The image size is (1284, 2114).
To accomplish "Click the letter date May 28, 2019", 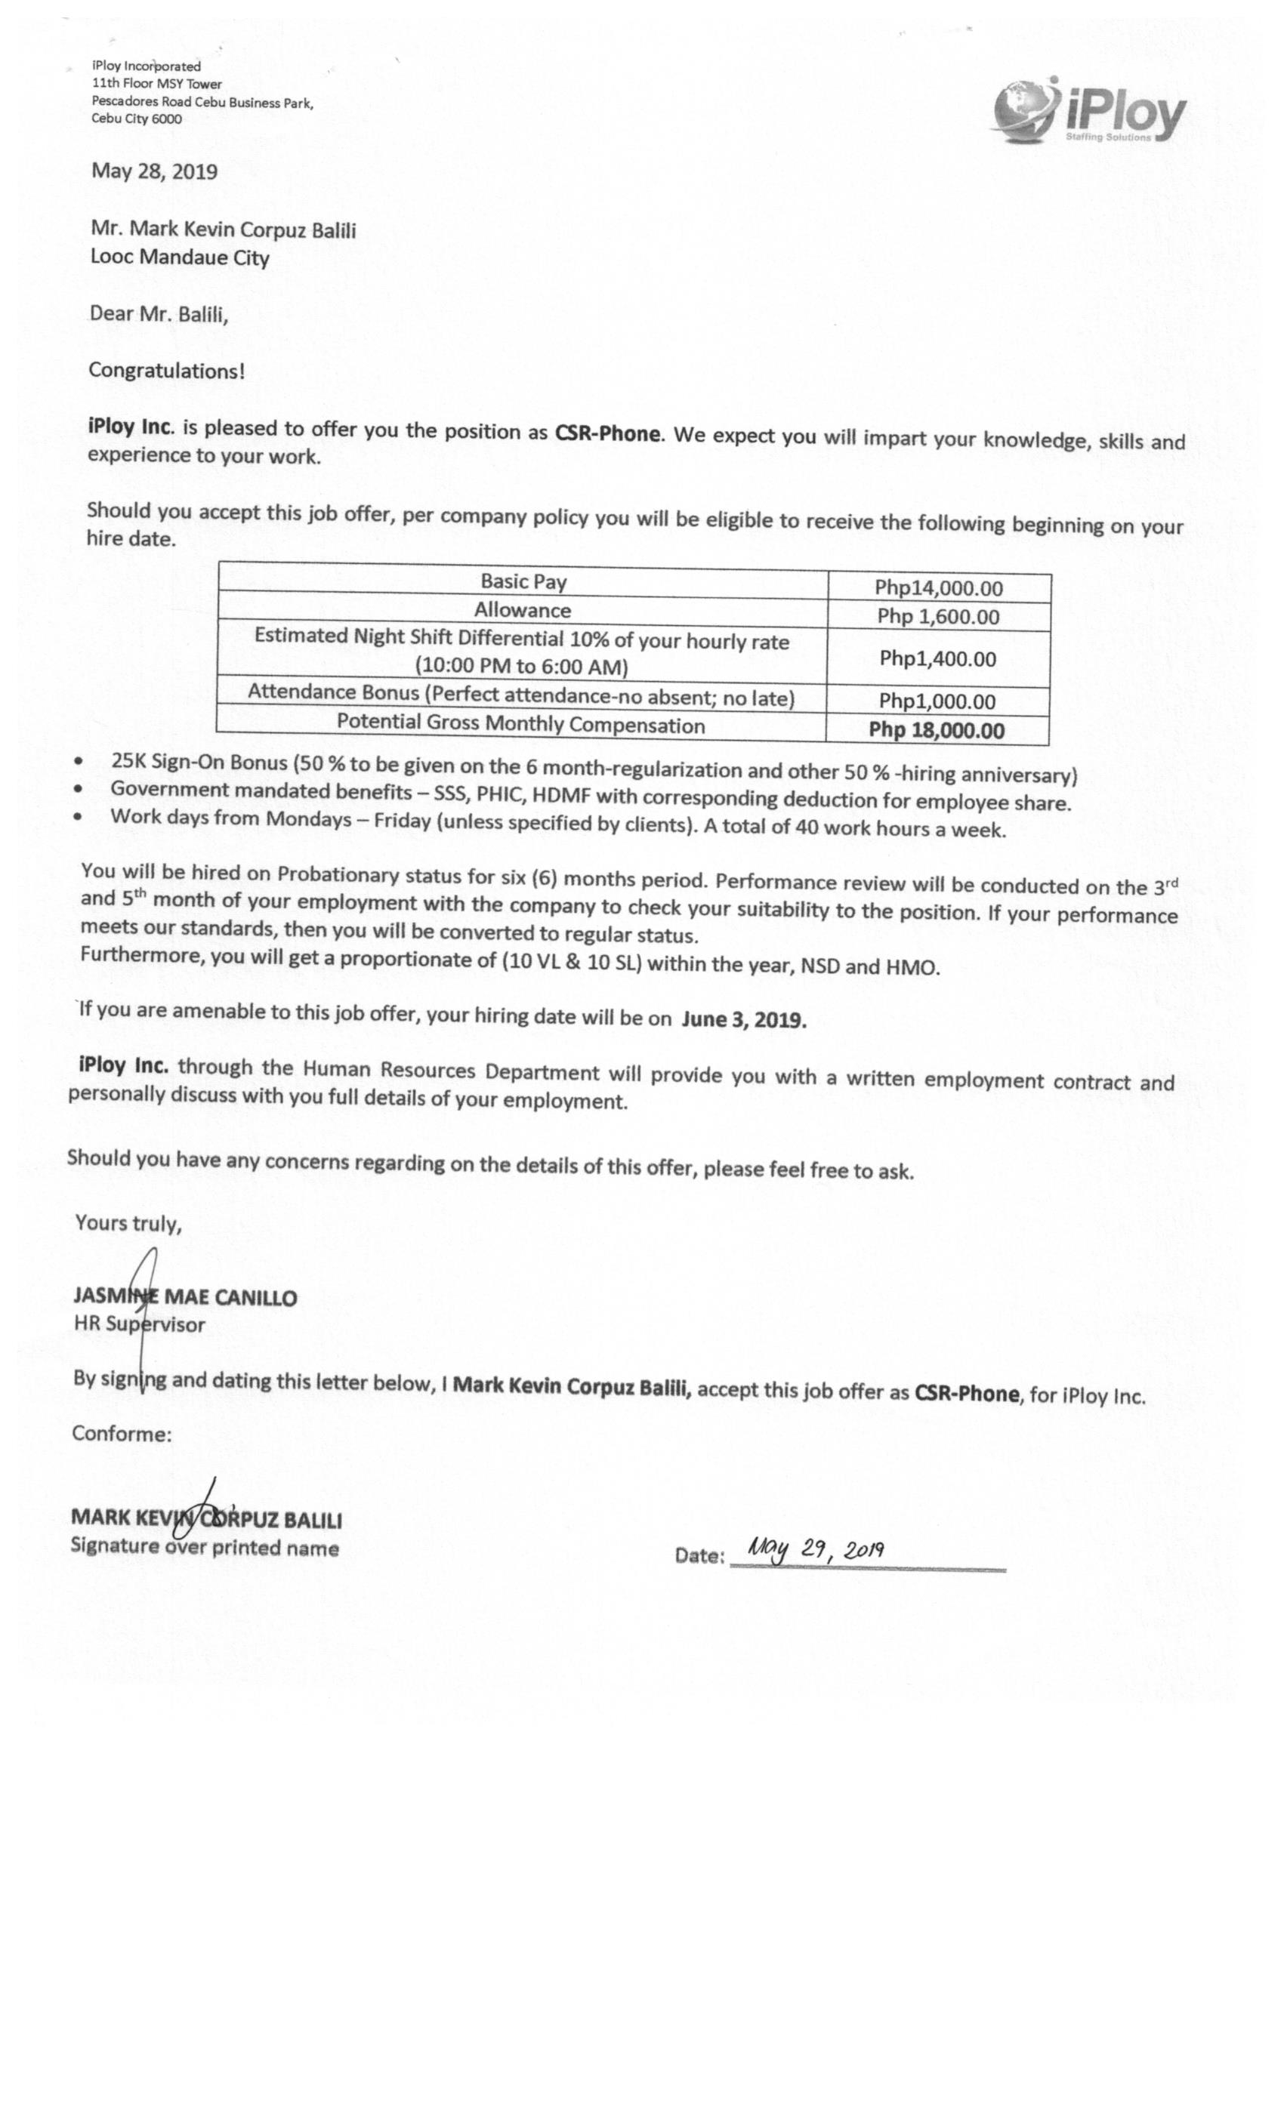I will pyautogui.click(x=155, y=171).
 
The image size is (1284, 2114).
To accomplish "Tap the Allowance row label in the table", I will pyautogui.click(x=522, y=610).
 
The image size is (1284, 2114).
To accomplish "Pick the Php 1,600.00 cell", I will pyautogui.click(x=938, y=616).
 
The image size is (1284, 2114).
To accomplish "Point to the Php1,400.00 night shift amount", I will pyautogui.click(x=937, y=659).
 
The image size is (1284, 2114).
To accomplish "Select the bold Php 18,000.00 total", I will pyautogui.click(x=937, y=730).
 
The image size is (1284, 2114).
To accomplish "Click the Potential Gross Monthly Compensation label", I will pyautogui.click(x=520, y=724).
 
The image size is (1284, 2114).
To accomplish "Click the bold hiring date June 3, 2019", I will pyautogui.click(x=743, y=1019).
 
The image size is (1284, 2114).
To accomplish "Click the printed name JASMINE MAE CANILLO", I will pyautogui.click(x=185, y=1296).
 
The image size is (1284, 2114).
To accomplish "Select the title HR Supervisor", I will pyautogui.click(x=139, y=1324).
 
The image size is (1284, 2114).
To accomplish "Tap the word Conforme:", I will pyautogui.click(x=121, y=1434).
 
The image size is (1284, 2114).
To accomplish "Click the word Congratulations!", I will pyautogui.click(x=166, y=371).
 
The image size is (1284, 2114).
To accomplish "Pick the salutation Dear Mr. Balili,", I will pyautogui.click(x=159, y=314).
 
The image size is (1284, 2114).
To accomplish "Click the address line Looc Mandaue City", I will pyautogui.click(x=180, y=257).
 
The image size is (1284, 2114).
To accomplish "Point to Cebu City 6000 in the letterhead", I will pyautogui.click(x=137, y=119).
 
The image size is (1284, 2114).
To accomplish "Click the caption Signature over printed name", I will pyautogui.click(x=204, y=1548).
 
